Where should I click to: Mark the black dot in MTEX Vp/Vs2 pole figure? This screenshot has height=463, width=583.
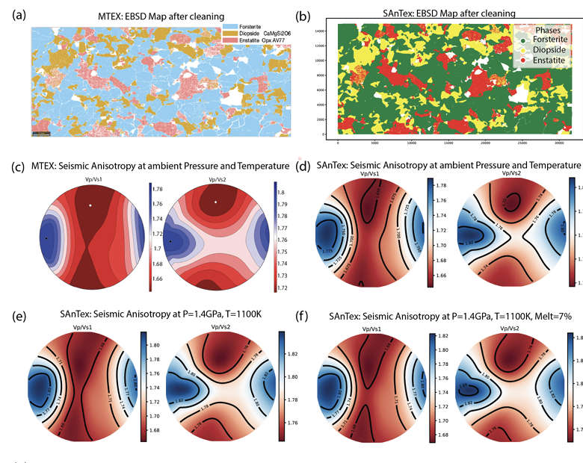[x=170, y=242]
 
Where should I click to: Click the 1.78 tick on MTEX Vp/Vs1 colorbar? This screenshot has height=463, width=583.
[x=158, y=189]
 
